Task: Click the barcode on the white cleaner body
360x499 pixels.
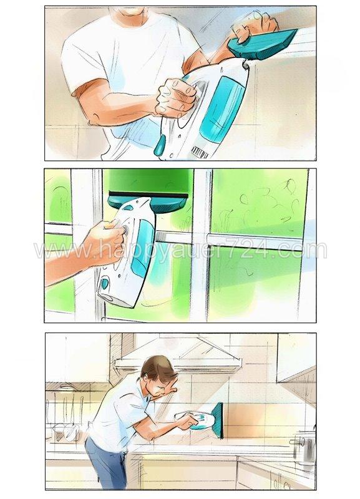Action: pyautogui.click(x=199, y=152)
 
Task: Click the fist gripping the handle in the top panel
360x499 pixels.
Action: pyautogui.click(x=175, y=98)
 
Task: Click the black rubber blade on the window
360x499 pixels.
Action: pyautogui.click(x=148, y=195)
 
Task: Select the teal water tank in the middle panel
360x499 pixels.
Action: pyautogui.click(x=142, y=249)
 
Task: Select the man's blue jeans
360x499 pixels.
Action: pyautogui.click(x=103, y=462)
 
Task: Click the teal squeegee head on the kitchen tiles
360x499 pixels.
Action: pyautogui.click(x=218, y=420)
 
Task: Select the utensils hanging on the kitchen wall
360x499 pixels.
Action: pyautogui.click(x=66, y=409)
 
